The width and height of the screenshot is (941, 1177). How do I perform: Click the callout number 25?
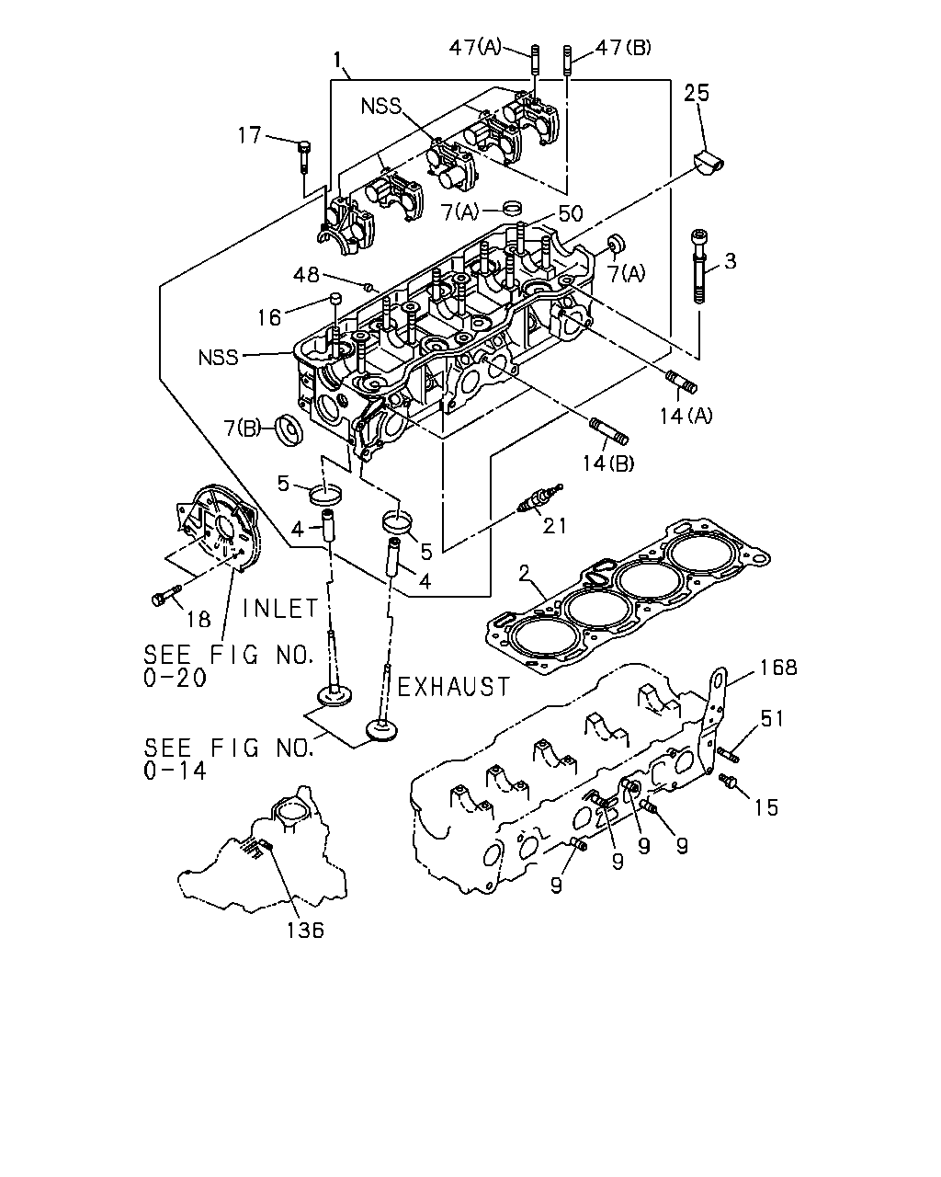(x=696, y=94)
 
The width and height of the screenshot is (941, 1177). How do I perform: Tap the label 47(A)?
(x=475, y=48)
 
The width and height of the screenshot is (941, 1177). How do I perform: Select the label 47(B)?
(x=623, y=48)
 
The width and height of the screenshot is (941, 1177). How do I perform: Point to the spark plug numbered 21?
(x=539, y=498)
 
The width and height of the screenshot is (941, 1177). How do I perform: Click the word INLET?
(x=280, y=608)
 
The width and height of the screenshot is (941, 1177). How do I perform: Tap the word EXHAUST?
(x=453, y=687)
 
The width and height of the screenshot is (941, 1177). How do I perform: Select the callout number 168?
(x=778, y=668)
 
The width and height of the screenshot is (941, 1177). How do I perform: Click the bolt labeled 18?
(x=165, y=595)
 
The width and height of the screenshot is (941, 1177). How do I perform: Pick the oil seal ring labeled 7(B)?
(x=289, y=430)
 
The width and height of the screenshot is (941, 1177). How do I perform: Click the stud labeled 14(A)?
(x=681, y=382)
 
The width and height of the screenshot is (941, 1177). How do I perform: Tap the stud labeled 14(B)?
(x=608, y=431)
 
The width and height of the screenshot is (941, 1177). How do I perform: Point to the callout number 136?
(x=306, y=930)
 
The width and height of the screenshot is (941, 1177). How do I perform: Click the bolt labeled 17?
(x=304, y=157)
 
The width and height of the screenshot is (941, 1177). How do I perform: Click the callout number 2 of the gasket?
(x=524, y=573)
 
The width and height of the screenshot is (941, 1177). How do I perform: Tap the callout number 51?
(x=772, y=719)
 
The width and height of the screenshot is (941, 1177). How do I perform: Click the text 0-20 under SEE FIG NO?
(x=175, y=679)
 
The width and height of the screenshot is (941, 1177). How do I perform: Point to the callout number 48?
(x=306, y=275)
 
